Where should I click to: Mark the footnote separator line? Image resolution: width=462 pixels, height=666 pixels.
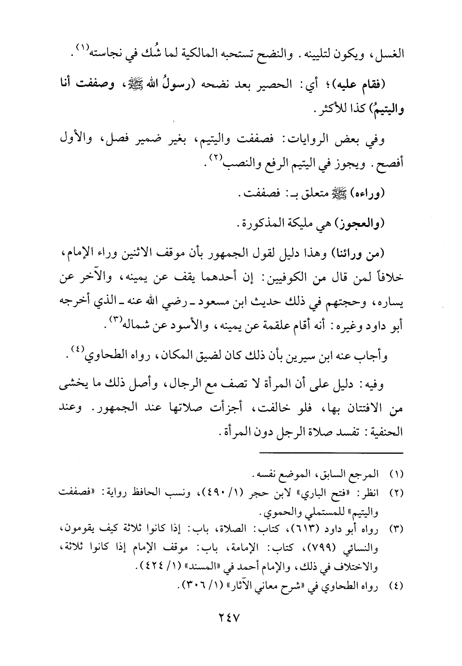pyautogui.click(x=330, y=453)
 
